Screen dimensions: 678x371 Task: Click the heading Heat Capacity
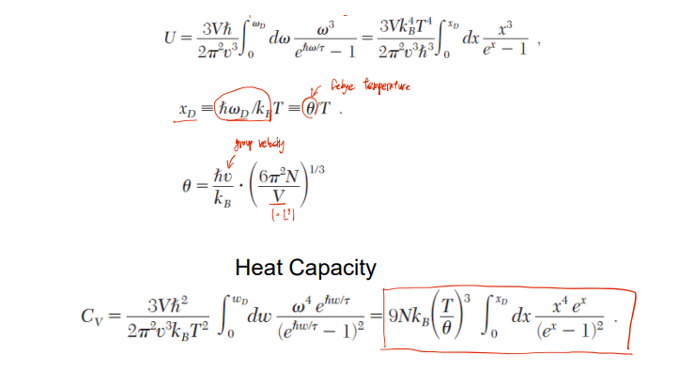[305, 268]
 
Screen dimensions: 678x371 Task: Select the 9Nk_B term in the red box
[410, 317]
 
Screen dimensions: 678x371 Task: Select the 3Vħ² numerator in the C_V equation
[170, 306]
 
